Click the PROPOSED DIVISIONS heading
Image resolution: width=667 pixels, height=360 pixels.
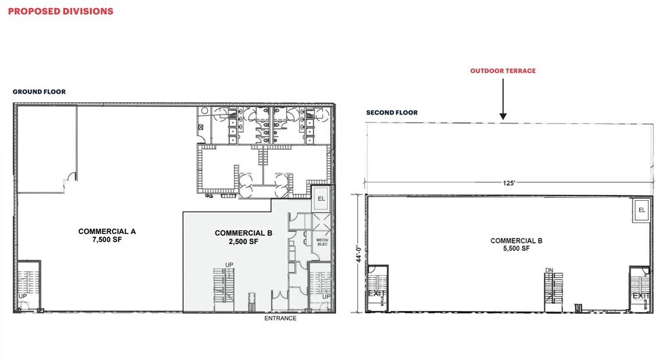[x=60, y=12]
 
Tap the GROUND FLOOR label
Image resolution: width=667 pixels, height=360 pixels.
[x=39, y=92]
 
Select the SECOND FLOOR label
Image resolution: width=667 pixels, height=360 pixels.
[x=392, y=113]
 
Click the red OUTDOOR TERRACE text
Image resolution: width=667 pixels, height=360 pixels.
[x=502, y=71]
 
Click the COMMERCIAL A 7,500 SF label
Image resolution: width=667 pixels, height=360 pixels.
[x=107, y=235]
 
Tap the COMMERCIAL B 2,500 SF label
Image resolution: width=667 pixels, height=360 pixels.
[x=243, y=237]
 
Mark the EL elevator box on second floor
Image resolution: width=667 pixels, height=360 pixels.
[x=641, y=210]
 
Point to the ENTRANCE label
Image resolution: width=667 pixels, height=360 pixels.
[x=281, y=318]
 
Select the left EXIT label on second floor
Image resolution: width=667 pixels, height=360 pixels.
[x=376, y=295]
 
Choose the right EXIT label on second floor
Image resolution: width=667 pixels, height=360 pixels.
[x=640, y=296]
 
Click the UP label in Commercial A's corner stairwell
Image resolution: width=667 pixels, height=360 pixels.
[x=22, y=296]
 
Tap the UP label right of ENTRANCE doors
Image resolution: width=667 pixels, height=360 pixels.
[x=327, y=296]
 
